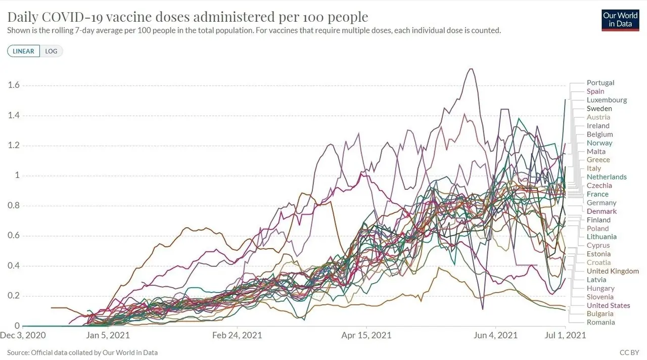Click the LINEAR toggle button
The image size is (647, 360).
(24, 51)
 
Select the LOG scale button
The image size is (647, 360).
(51, 51)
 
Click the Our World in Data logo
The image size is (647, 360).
(620, 20)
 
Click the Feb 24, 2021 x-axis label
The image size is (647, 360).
(237, 335)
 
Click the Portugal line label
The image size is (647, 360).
(600, 83)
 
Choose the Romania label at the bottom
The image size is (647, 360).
(600, 322)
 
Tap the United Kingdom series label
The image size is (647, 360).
(613, 271)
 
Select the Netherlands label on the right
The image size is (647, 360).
(607, 177)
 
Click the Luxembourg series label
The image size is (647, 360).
(607, 100)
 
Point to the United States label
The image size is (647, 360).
(608, 305)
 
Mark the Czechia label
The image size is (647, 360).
(599, 186)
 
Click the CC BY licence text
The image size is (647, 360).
(629, 352)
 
